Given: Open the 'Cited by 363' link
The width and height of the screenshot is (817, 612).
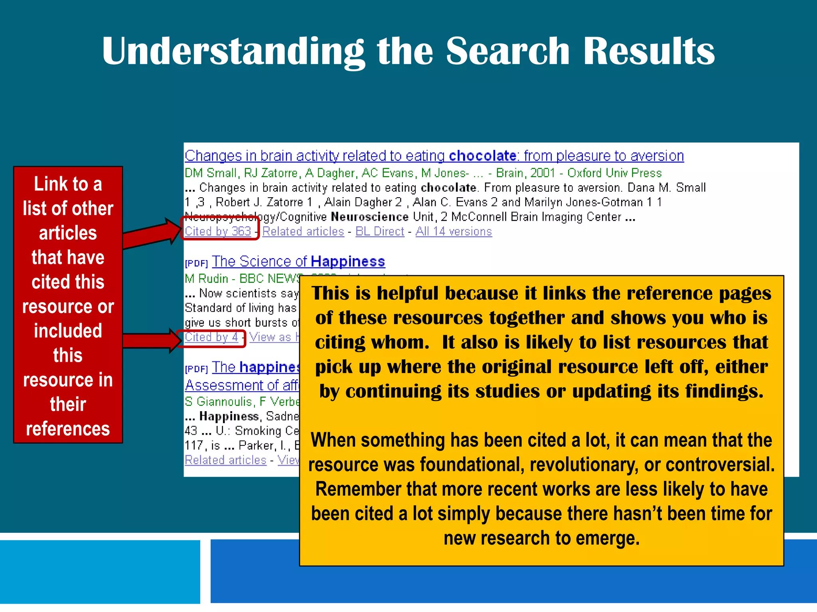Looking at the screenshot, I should (218, 231).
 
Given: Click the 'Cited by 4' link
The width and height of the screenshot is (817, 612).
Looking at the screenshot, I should (211, 337).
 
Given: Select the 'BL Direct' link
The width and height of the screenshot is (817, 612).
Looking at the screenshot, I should (379, 231).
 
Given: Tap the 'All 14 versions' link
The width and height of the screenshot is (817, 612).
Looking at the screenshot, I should (454, 231).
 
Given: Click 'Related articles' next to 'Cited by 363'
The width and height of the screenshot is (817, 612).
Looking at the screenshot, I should (303, 231).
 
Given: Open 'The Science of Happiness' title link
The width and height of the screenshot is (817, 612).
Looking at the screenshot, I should (298, 262).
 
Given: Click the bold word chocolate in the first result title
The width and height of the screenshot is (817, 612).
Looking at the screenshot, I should (483, 156).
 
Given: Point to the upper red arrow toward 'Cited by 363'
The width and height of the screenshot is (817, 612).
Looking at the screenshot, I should (152, 236).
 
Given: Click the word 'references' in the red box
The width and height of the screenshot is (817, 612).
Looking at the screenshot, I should (68, 429).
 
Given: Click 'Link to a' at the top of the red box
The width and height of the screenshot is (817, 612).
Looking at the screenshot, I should (68, 184).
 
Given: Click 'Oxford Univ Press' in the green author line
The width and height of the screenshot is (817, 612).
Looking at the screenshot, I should (614, 173).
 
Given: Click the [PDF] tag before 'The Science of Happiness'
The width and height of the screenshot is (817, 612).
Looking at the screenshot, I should (196, 263).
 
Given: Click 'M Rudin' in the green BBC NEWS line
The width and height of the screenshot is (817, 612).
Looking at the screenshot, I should (206, 279).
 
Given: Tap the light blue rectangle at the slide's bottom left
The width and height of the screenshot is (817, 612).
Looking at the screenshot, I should (100, 572).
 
